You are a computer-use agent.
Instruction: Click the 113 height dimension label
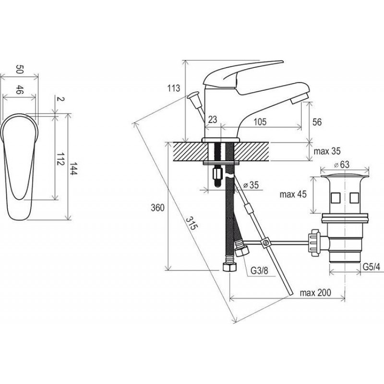(x=174, y=88)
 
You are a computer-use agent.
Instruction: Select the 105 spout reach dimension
(x=260, y=122)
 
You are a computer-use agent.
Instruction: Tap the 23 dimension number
(x=213, y=120)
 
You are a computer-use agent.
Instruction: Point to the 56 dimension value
(x=317, y=122)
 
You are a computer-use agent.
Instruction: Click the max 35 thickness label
(x=327, y=151)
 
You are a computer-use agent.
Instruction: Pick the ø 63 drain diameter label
(x=342, y=165)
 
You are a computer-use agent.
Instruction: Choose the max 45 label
(x=293, y=194)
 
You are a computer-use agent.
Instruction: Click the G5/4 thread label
(x=371, y=267)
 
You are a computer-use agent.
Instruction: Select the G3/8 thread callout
(x=259, y=271)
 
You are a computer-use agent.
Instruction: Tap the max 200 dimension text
(x=315, y=292)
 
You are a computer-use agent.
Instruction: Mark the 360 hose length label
(x=157, y=208)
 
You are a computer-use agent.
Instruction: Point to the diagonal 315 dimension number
(x=191, y=223)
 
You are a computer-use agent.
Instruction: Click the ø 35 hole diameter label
(x=251, y=185)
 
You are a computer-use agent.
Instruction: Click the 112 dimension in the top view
(x=60, y=159)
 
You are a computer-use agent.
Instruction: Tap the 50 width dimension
(x=19, y=69)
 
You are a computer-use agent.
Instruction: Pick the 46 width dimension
(x=19, y=90)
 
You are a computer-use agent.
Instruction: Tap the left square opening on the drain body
(x=335, y=198)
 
